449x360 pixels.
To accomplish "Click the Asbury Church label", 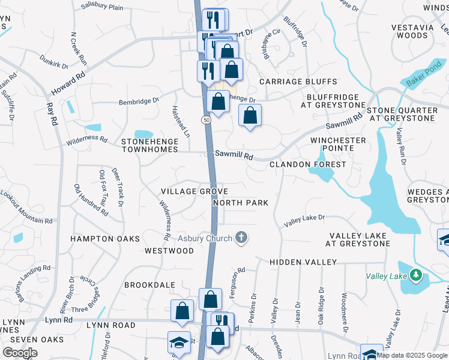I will coord(203,239).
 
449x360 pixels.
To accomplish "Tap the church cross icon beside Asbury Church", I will coord(241,238).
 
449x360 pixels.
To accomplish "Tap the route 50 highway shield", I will coord(206,121).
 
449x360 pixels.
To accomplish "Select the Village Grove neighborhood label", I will coord(194,191).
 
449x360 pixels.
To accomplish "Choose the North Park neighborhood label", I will coord(240,203).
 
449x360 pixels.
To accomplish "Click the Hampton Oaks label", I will coord(105,239).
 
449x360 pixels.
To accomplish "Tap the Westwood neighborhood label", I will coord(169,250).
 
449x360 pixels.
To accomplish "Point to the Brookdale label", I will coord(150,285).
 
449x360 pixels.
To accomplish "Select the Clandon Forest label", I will coord(307,164).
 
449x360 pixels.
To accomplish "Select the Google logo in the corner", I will coord(20,353).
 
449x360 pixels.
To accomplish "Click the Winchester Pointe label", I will coord(338,144).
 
